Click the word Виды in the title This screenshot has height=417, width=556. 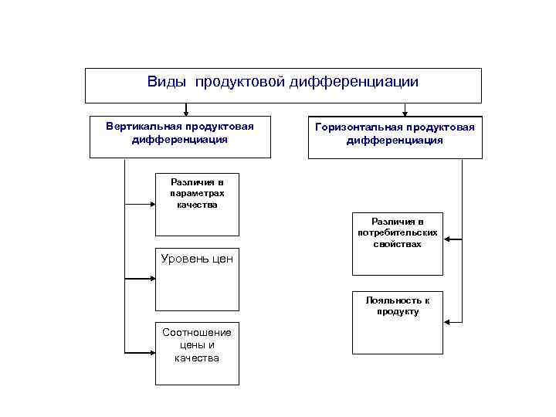[x=167, y=82]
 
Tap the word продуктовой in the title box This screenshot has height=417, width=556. [x=240, y=82]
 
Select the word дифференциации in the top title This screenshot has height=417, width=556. [x=354, y=82]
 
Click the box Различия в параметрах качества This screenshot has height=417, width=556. [x=198, y=202]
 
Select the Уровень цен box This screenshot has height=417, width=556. [x=198, y=279]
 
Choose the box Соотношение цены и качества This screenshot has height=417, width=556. [x=198, y=353]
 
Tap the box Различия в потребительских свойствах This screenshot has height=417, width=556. [x=398, y=243]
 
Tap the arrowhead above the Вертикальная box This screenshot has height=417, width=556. [x=185, y=110]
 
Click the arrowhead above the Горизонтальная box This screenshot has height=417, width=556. [x=405, y=110]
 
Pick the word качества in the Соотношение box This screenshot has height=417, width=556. [x=197, y=358]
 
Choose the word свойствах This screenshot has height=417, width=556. [x=398, y=244]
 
